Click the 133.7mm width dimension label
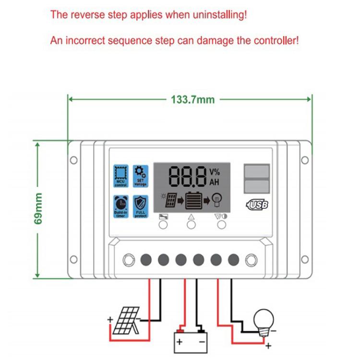click(x=193, y=100)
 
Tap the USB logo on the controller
click(x=257, y=204)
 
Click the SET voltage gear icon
click(x=140, y=176)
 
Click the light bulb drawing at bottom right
click(x=263, y=320)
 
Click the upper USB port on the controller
click(x=256, y=171)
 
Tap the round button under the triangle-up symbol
click(x=192, y=226)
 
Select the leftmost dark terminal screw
click(x=146, y=260)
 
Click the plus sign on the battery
click(x=180, y=342)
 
